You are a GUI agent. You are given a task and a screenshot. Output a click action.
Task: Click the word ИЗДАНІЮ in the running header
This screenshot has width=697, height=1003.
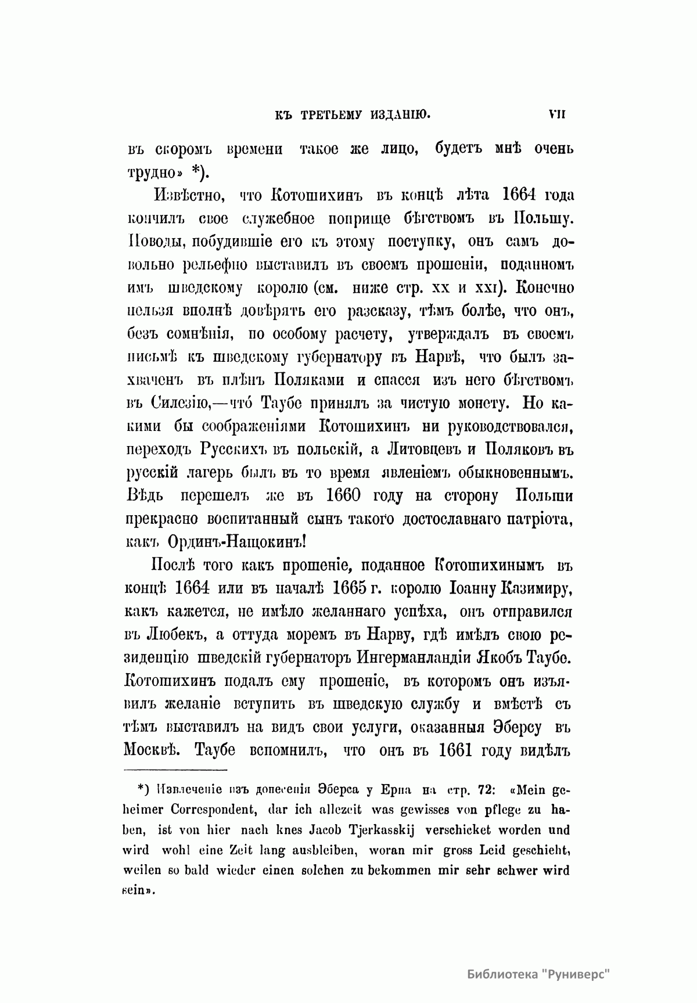400,114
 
